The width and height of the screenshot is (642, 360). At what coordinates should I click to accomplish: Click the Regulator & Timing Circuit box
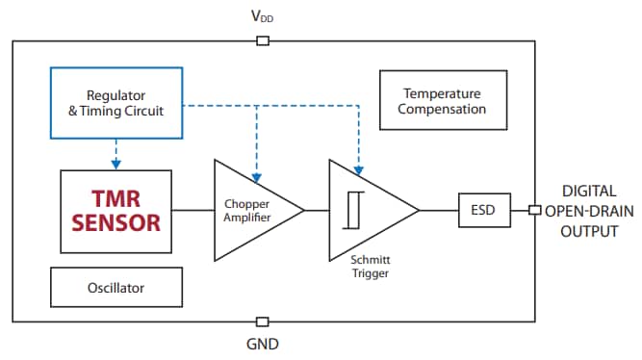coord(116,103)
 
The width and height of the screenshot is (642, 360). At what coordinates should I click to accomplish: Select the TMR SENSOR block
coord(116,211)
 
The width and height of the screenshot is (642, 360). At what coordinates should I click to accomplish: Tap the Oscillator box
coord(116,286)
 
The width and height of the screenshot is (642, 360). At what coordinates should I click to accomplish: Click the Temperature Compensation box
coord(444,101)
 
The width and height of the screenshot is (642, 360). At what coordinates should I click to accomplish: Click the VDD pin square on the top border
coord(263,40)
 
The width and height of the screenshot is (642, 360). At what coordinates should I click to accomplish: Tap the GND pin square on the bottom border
coord(263,321)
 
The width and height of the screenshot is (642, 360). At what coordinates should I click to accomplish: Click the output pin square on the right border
coord(534,210)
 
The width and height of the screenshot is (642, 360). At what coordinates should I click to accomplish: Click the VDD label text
coord(262,17)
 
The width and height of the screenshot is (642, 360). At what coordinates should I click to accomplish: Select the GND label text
coord(263,344)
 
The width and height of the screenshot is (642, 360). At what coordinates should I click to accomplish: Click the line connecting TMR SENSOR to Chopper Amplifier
coord(193,210)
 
